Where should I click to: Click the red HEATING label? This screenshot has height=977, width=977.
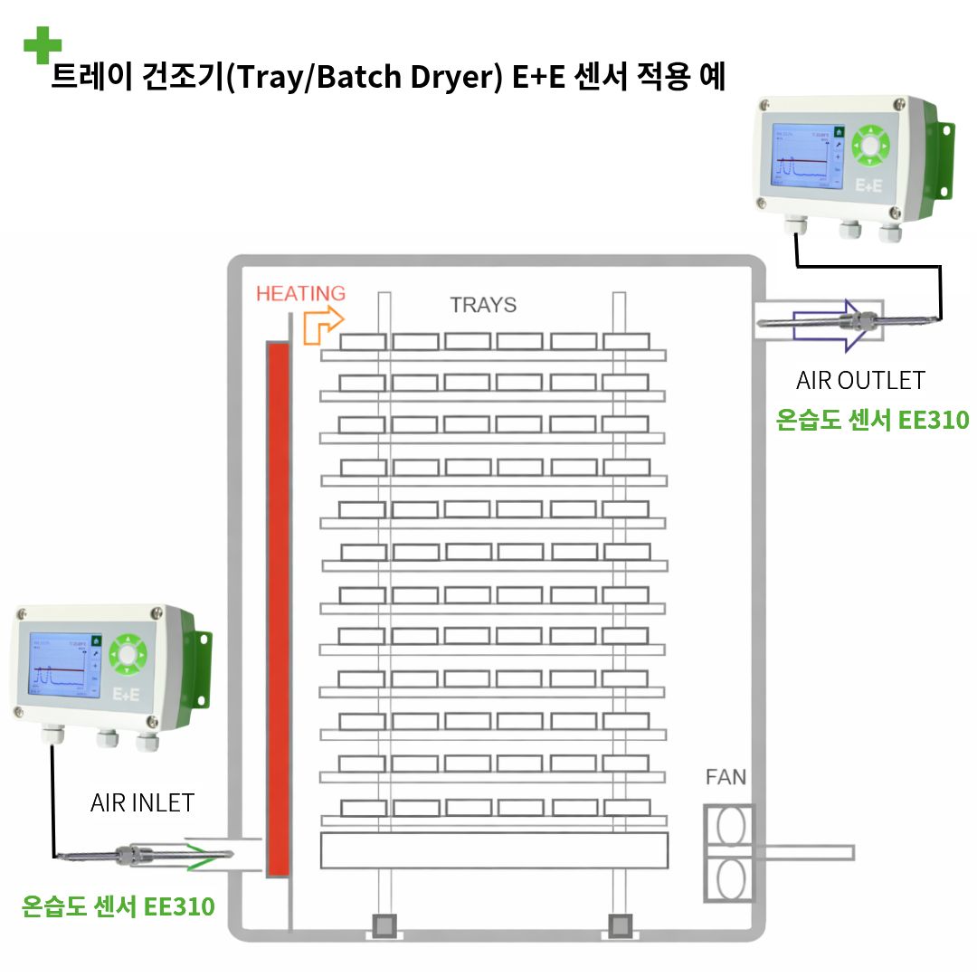[x=300, y=293]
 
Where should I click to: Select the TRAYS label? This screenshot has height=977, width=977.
[x=483, y=305]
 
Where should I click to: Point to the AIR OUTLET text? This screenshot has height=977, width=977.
[x=860, y=380]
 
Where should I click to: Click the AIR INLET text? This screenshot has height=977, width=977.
[x=142, y=803]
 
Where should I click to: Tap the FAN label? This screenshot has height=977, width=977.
[x=726, y=776]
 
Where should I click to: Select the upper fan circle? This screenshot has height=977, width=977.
[x=729, y=826]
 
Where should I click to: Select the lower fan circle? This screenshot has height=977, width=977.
[x=729, y=877]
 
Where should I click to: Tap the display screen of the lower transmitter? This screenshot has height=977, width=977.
[x=63, y=664]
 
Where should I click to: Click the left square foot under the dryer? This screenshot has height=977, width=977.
[x=384, y=925]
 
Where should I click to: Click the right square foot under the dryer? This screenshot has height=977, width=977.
[x=620, y=925]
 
